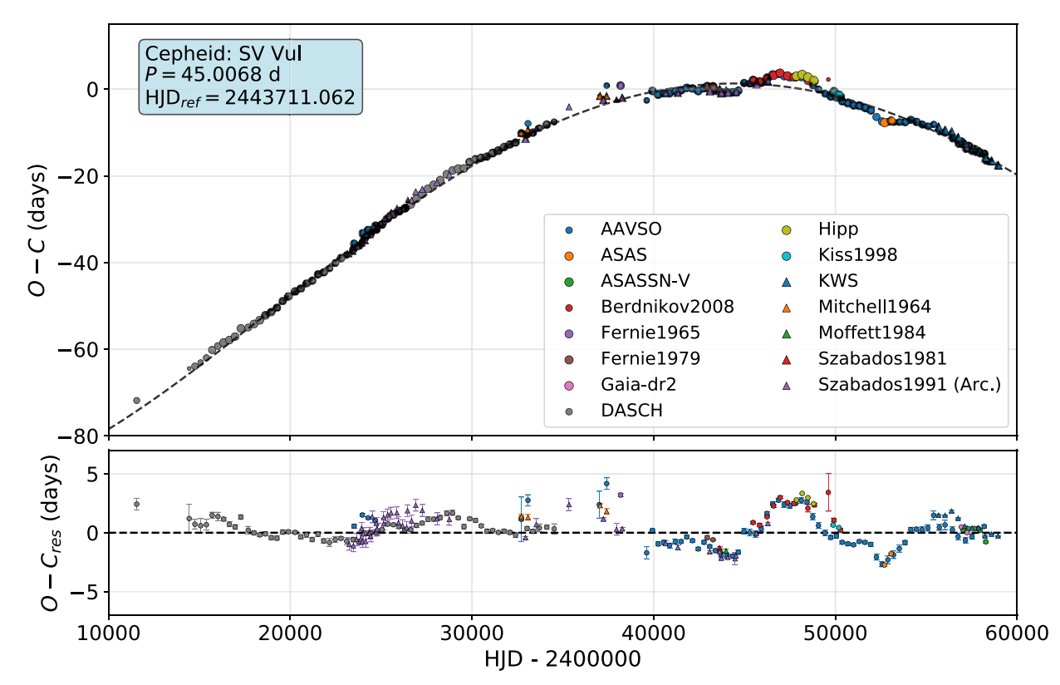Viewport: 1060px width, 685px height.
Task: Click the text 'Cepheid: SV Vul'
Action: pyautogui.click(x=223, y=54)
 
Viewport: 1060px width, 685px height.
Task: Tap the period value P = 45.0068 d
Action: pyautogui.click(x=212, y=76)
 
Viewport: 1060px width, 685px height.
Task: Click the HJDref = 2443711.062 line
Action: pyautogui.click(x=250, y=97)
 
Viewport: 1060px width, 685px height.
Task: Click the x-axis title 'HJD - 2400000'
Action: pyautogui.click(x=562, y=661)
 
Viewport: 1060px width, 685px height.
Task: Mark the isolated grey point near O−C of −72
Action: pyautogui.click(x=136, y=401)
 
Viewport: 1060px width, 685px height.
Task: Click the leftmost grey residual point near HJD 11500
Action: pyautogui.click(x=136, y=504)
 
